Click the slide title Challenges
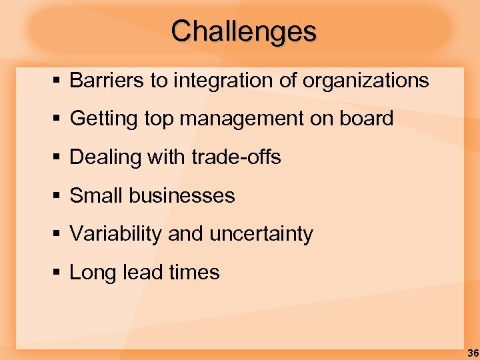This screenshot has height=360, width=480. click(x=244, y=31)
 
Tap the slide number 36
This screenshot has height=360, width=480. click(x=472, y=353)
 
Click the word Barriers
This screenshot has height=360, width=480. click(x=107, y=81)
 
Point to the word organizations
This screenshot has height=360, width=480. click(x=365, y=81)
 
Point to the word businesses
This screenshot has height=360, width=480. click(x=182, y=196)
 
